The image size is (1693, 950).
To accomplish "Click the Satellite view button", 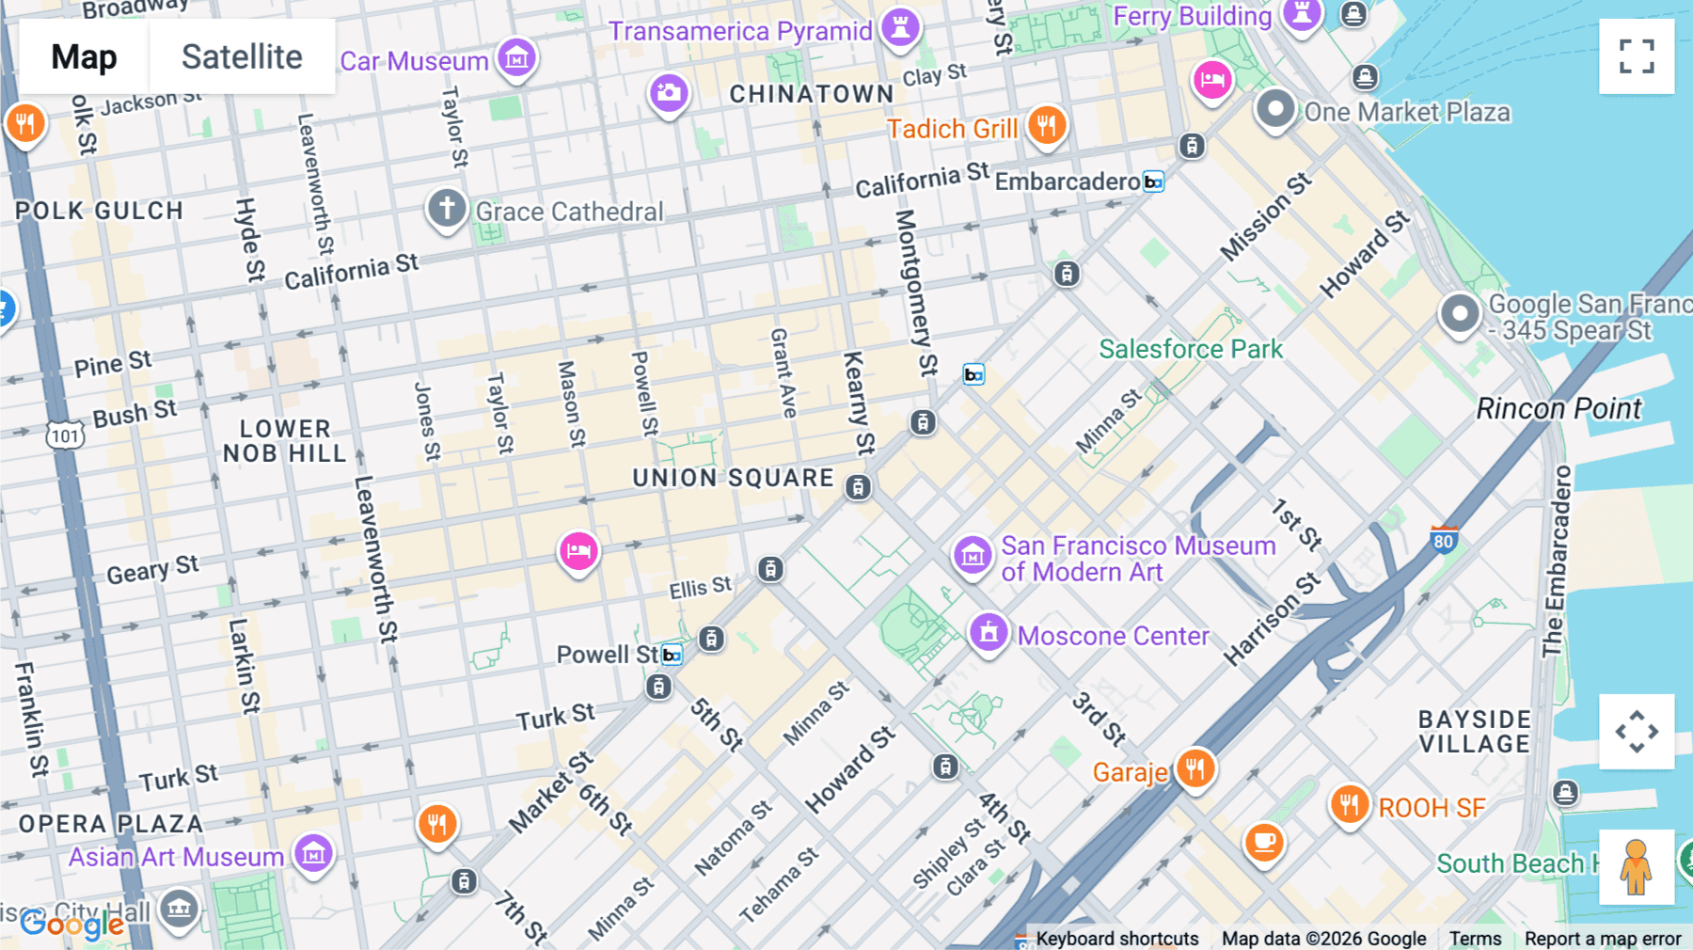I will pyautogui.click(x=242, y=56).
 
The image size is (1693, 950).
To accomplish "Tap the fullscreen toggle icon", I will pyautogui.click(x=1637, y=56).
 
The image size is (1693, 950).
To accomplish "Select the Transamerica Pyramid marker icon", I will pyautogui.click(x=900, y=26).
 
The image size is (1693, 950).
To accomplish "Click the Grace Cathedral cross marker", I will pyautogui.click(x=447, y=207).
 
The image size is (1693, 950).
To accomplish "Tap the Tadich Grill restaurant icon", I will pyautogui.click(x=1046, y=124).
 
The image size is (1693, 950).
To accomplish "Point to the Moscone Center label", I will pyautogui.click(x=1113, y=636).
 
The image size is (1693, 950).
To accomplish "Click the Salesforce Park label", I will pyautogui.click(x=1191, y=349).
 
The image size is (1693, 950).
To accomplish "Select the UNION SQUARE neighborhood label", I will pyautogui.click(x=733, y=478).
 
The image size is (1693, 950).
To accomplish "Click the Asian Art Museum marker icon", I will pyautogui.click(x=313, y=853).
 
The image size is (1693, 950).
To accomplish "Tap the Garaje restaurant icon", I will pyautogui.click(x=1195, y=768).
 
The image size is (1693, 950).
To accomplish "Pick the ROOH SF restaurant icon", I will pyautogui.click(x=1349, y=804).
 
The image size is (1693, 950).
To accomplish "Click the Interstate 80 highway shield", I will pyautogui.click(x=1444, y=539).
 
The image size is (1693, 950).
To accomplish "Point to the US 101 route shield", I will pyautogui.click(x=65, y=435).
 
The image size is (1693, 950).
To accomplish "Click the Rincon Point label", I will pyautogui.click(x=1559, y=408).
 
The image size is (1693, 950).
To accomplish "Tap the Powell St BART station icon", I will pyautogui.click(x=672, y=655).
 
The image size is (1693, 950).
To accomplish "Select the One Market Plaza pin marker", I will pyautogui.click(x=1275, y=108).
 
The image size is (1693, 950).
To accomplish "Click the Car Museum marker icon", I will pyautogui.click(x=516, y=58).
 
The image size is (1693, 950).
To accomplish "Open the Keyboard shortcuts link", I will pyautogui.click(x=1116, y=938).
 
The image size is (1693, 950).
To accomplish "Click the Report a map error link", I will pyautogui.click(x=1603, y=938).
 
